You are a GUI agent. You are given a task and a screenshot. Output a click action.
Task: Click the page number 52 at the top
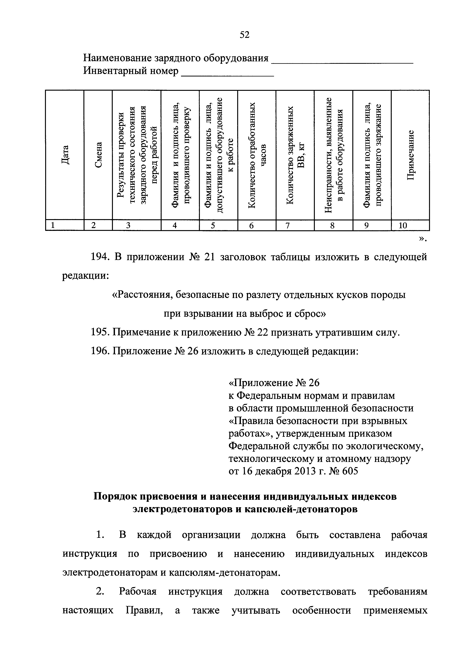point(245,35)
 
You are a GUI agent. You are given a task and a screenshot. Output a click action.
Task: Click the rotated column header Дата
point(65,155)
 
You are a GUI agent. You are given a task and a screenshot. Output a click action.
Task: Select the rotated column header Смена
point(98,155)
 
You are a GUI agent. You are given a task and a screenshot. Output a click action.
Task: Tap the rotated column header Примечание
point(410,155)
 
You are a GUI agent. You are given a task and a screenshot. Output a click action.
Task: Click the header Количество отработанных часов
point(257,155)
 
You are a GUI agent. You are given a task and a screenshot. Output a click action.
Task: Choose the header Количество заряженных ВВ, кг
point(295,155)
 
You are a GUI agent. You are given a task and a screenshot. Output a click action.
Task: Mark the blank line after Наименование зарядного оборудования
point(342,62)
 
